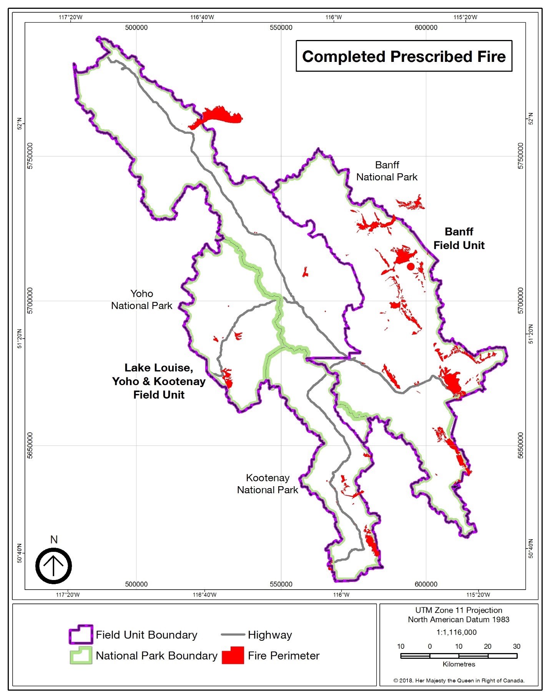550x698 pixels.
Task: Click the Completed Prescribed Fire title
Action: [x=404, y=56]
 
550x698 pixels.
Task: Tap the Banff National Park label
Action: [x=387, y=171]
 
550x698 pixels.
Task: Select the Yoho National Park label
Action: [x=141, y=299]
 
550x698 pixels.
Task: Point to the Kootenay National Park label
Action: [x=268, y=484]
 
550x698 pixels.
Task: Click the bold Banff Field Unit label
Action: [x=459, y=238]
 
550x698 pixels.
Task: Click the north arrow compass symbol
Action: [x=54, y=565]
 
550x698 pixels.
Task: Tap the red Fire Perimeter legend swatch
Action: [x=233, y=655]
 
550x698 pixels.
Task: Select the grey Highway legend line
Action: [x=233, y=635]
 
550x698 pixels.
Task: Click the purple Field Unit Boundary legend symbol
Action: [x=81, y=635]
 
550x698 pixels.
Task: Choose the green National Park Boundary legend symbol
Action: [x=81, y=655]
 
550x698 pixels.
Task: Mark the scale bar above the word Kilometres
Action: [x=459, y=656]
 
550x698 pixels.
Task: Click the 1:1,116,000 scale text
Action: [x=456, y=632]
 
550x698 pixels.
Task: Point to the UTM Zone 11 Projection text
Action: [x=459, y=610]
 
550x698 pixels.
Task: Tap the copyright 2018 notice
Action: [x=459, y=680]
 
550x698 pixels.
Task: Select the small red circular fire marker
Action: [x=410, y=266]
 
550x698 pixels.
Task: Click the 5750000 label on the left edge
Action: [x=30, y=156]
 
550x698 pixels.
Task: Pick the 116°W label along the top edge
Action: [x=333, y=17]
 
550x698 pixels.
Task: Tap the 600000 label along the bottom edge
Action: [x=426, y=584]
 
